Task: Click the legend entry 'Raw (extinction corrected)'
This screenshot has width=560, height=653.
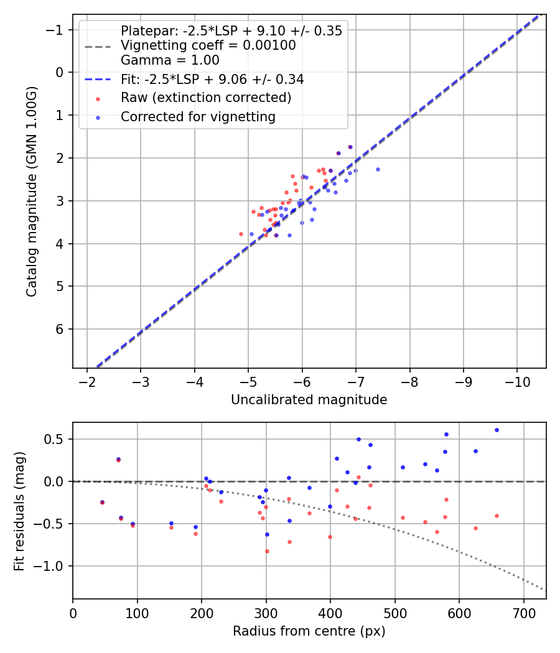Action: click(205, 98)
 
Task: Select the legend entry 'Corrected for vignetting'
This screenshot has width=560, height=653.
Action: click(198, 117)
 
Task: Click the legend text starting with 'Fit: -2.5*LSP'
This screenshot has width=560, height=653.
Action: click(212, 80)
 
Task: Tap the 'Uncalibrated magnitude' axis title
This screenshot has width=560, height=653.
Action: click(309, 400)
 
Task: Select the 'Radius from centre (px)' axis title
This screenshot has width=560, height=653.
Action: click(309, 631)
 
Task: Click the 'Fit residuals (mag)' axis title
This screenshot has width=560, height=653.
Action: click(19, 511)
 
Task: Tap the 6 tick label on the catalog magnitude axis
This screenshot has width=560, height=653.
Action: click(60, 329)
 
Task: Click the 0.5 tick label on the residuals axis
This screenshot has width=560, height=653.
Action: click(57, 439)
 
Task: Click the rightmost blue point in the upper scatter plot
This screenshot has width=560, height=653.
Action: click(378, 169)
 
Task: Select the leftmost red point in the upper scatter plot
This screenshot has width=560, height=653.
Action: click(241, 234)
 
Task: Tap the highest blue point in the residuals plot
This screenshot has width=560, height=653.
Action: click(497, 430)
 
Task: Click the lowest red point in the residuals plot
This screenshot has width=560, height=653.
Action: click(267, 551)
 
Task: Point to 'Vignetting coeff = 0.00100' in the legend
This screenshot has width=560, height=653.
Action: click(208, 45)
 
